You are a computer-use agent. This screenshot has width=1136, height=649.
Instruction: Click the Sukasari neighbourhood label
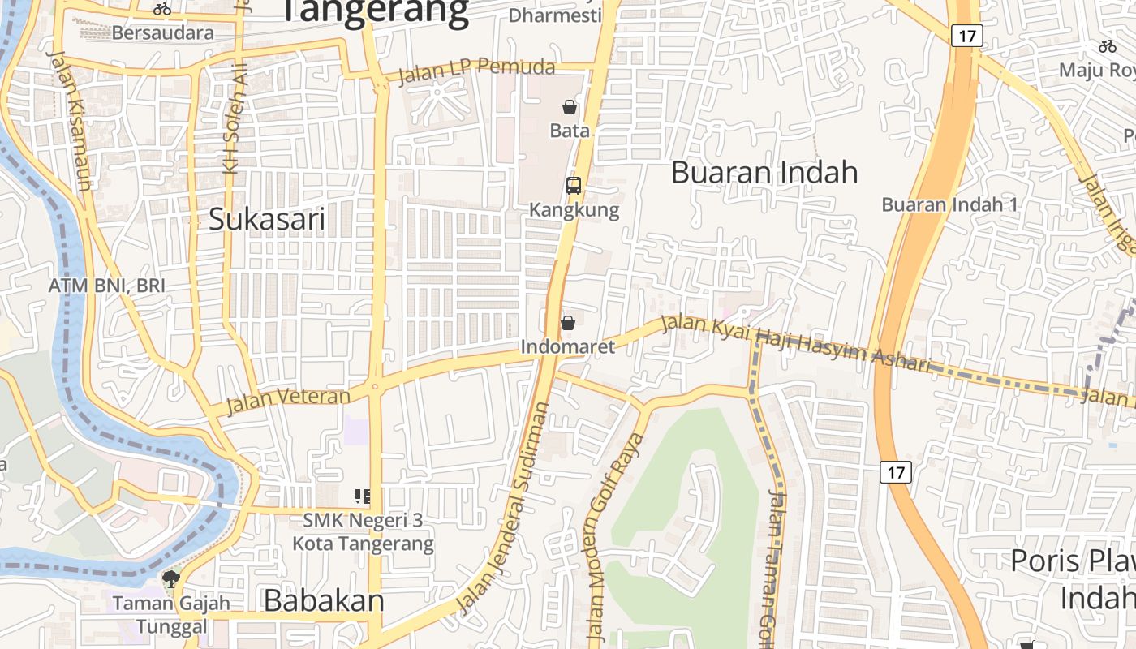coord(267,219)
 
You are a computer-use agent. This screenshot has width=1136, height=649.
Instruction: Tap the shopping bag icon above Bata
coord(570,107)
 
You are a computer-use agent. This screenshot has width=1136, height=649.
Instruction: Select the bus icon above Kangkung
coord(574,185)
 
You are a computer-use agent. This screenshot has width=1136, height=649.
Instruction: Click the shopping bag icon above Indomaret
coord(568,323)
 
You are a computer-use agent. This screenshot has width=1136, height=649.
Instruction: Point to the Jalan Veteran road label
coord(289,398)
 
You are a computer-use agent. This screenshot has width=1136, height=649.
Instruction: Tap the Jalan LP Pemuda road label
coord(477,70)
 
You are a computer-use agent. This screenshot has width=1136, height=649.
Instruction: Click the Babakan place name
coord(324,600)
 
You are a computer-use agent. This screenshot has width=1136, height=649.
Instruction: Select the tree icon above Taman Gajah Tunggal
coord(171,579)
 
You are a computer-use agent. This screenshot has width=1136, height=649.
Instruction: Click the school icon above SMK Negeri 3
coord(363,496)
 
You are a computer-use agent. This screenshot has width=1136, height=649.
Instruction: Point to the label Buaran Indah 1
coord(949,204)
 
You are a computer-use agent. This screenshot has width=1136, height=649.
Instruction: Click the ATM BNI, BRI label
coord(106,286)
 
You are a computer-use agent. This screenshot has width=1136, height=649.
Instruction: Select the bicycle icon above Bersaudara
coord(162,9)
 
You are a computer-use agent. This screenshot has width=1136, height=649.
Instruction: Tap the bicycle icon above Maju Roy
coord(1107,46)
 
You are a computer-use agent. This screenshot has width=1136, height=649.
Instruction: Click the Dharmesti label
coord(555,15)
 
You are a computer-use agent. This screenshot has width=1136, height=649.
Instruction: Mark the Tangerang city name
coord(375,11)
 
